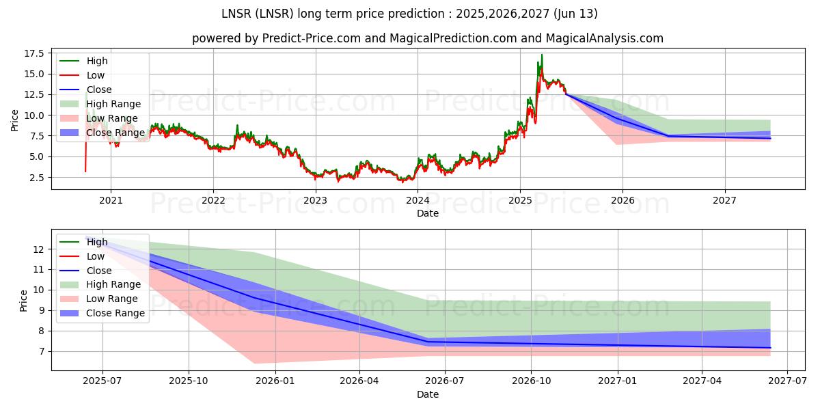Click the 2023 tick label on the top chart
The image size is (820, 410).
tap(315, 200)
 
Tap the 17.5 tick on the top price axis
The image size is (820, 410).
tap(35, 53)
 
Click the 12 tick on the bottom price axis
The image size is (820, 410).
tap(39, 249)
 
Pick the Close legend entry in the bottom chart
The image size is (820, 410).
tap(99, 271)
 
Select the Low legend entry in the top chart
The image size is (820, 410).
tap(96, 75)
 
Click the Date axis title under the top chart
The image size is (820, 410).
tap(428, 213)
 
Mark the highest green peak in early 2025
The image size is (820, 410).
tap(542, 55)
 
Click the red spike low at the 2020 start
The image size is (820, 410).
tap(85, 171)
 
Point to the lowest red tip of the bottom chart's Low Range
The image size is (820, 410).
tap(254, 363)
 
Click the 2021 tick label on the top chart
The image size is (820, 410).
tap(111, 200)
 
